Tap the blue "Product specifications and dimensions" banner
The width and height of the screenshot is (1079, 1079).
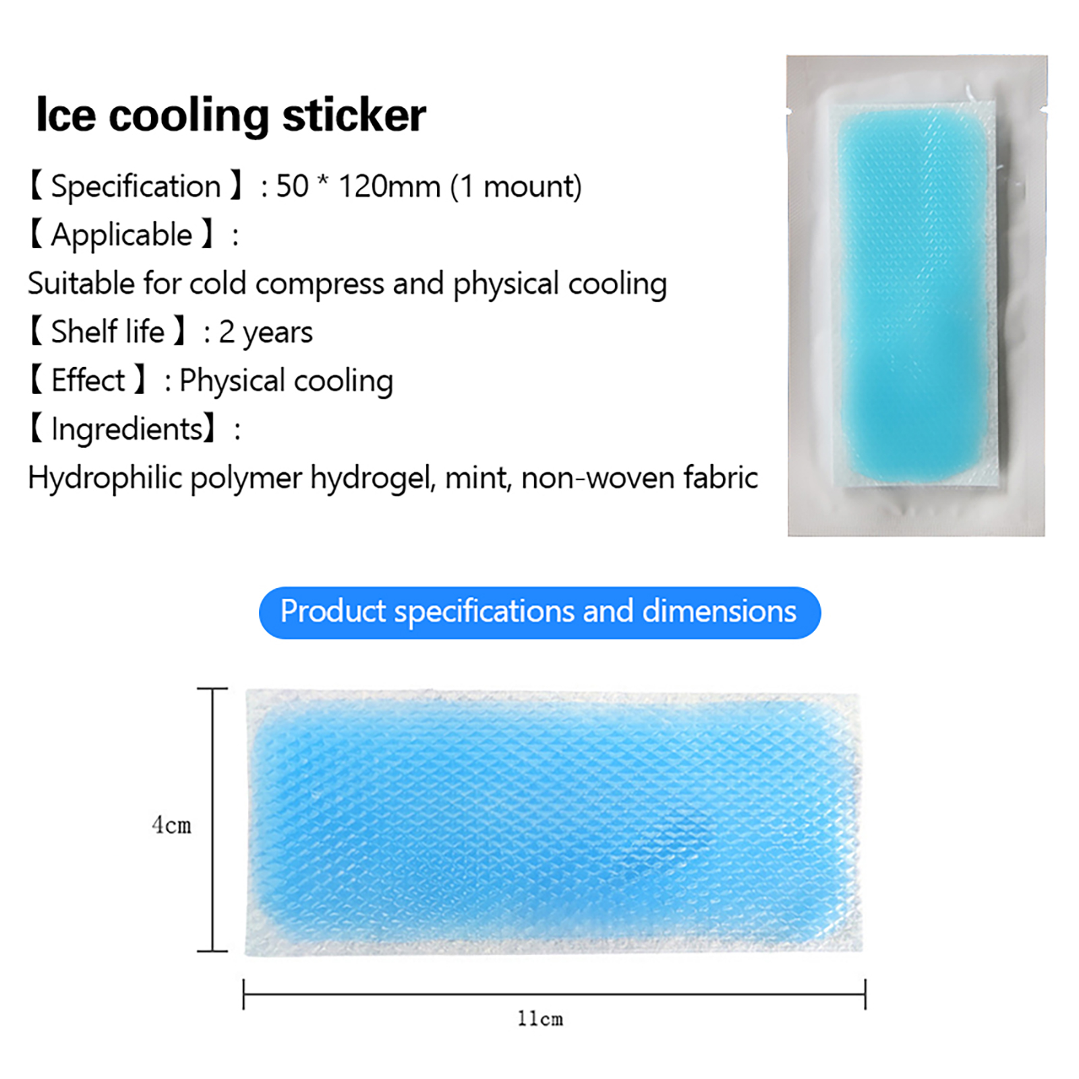[x=539, y=612]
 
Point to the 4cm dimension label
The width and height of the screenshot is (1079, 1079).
[x=172, y=825]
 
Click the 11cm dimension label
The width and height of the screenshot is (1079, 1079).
[x=540, y=1018]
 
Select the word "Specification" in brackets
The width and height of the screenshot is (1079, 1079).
[x=136, y=187]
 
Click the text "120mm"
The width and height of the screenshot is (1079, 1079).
[x=389, y=187]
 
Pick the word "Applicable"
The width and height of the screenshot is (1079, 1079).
[x=122, y=235]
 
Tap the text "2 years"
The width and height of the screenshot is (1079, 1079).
[x=266, y=332]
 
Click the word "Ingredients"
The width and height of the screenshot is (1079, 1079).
[x=127, y=430]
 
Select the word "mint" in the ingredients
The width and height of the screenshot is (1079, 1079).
[x=478, y=478]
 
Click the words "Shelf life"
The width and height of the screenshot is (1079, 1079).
[x=108, y=332]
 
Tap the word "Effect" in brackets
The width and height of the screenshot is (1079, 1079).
[x=88, y=380]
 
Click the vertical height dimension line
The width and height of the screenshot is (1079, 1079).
[x=213, y=819]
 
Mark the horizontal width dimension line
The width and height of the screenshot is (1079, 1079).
[x=554, y=993]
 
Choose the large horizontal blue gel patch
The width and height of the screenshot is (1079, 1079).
[x=553, y=822]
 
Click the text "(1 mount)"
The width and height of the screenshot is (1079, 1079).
[x=516, y=187]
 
